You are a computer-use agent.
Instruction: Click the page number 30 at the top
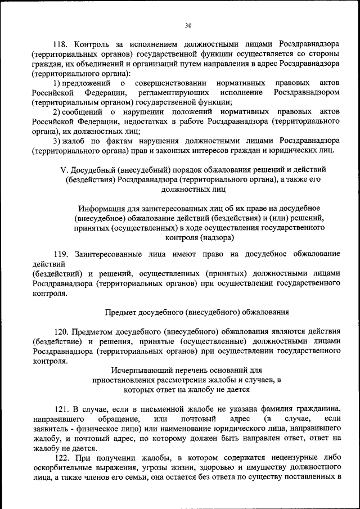(188, 25)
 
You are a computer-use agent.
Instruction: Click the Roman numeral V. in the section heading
(64, 169)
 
